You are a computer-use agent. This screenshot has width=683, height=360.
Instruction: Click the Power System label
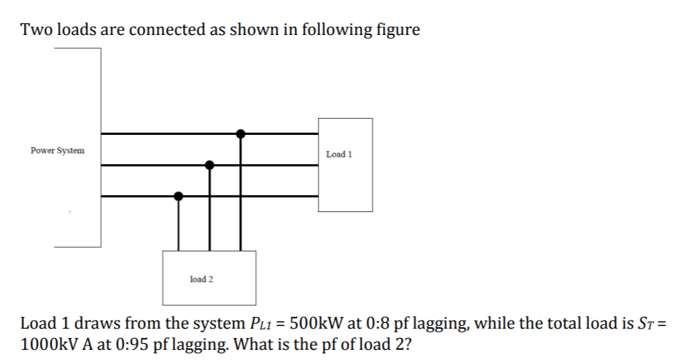[58, 151]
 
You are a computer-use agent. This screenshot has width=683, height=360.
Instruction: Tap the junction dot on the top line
[241, 133]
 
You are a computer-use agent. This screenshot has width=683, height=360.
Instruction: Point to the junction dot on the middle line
[210, 165]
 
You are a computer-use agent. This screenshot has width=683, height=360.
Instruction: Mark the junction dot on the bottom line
[178, 196]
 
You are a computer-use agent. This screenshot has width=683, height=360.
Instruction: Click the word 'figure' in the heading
[396, 31]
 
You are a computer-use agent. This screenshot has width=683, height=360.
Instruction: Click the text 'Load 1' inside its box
[340, 154]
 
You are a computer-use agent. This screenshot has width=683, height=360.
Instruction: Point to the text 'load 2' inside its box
[200, 279]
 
